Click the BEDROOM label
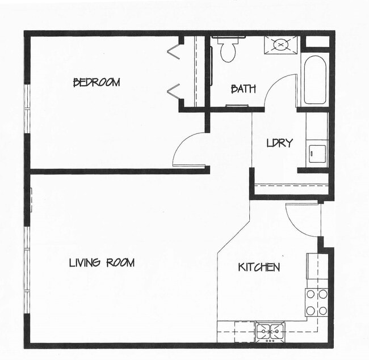(x=97, y=83)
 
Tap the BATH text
(x=243, y=89)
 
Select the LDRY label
(x=279, y=143)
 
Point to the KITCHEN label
(x=258, y=267)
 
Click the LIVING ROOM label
(x=102, y=262)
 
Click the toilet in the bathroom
(x=228, y=49)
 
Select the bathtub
(x=315, y=79)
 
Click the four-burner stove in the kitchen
(x=317, y=302)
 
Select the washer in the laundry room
(x=316, y=153)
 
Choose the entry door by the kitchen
(x=303, y=218)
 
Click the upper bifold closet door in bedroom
(x=174, y=50)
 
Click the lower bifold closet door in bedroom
(x=174, y=90)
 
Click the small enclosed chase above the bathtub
(x=317, y=42)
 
